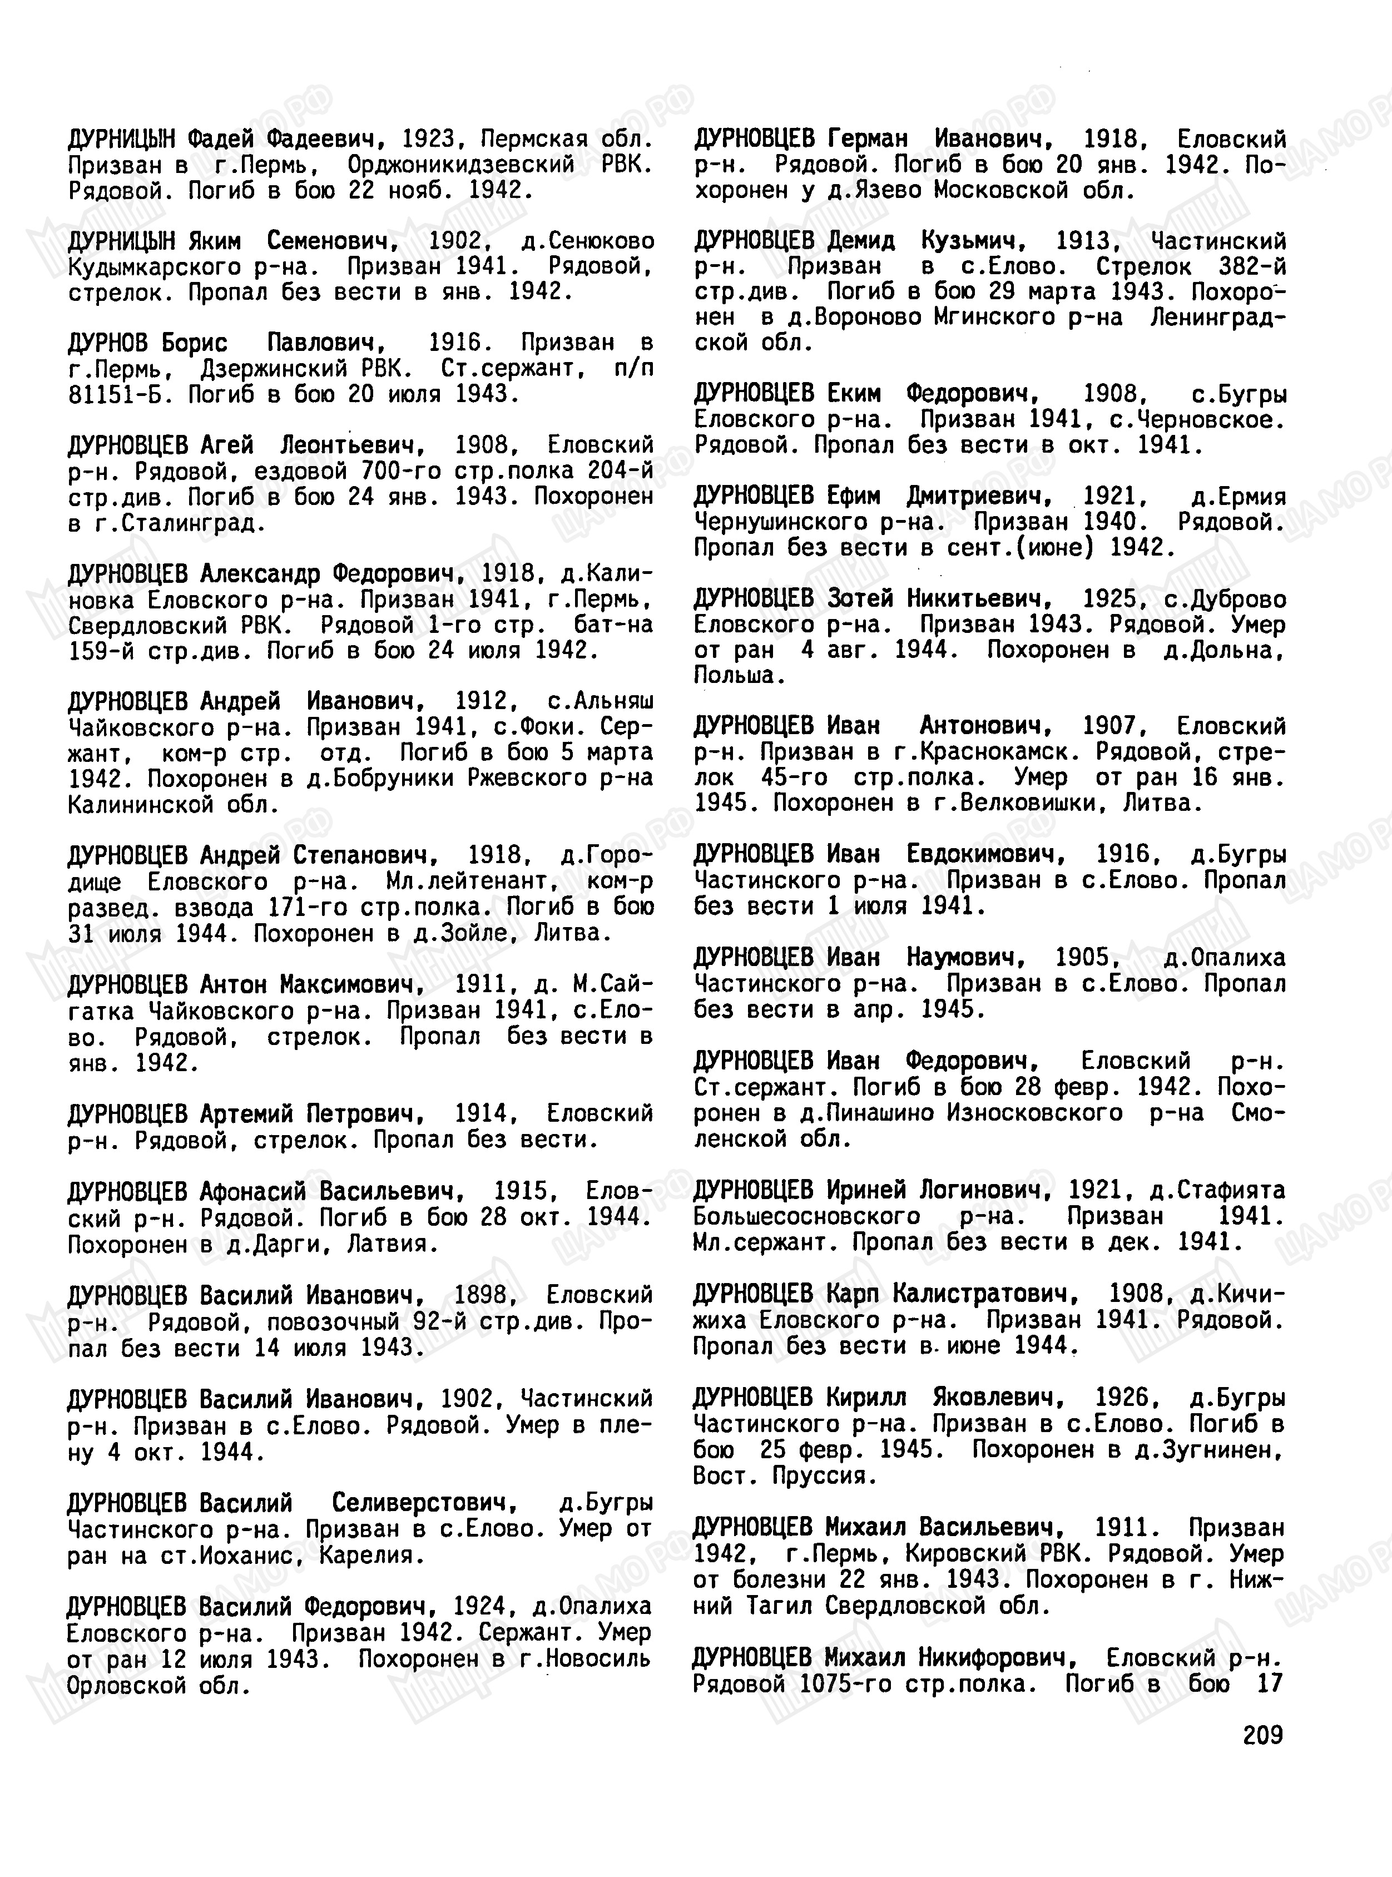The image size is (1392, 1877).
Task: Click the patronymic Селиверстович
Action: coord(423,1502)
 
